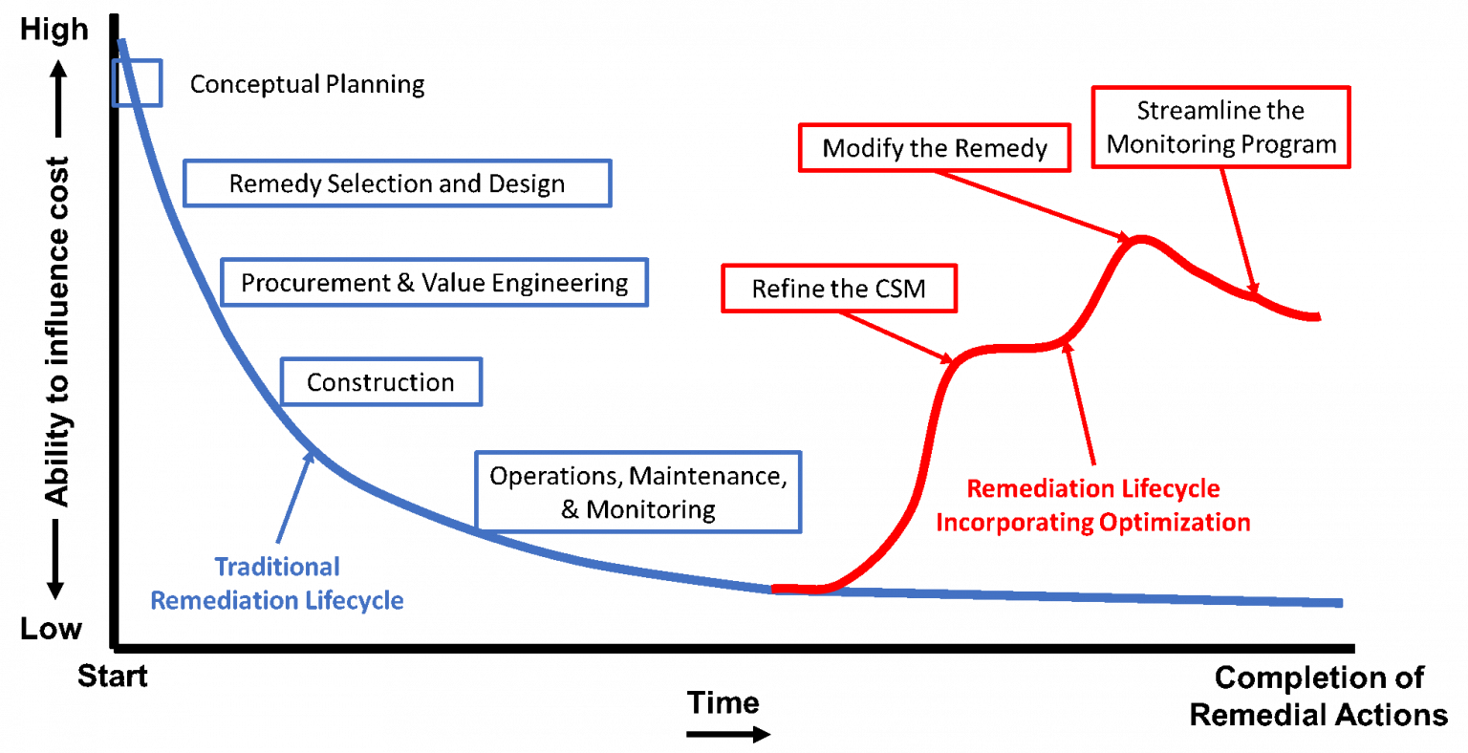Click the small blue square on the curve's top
[138, 82]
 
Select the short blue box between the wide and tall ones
[381, 381]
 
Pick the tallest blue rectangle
[637, 491]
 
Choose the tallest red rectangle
[1220, 127]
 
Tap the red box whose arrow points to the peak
[934, 148]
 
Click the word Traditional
[277, 567]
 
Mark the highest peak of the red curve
[1138, 239]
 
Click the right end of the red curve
[1318, 316]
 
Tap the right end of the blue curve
[1341, 603]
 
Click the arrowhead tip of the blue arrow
[311, 453]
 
